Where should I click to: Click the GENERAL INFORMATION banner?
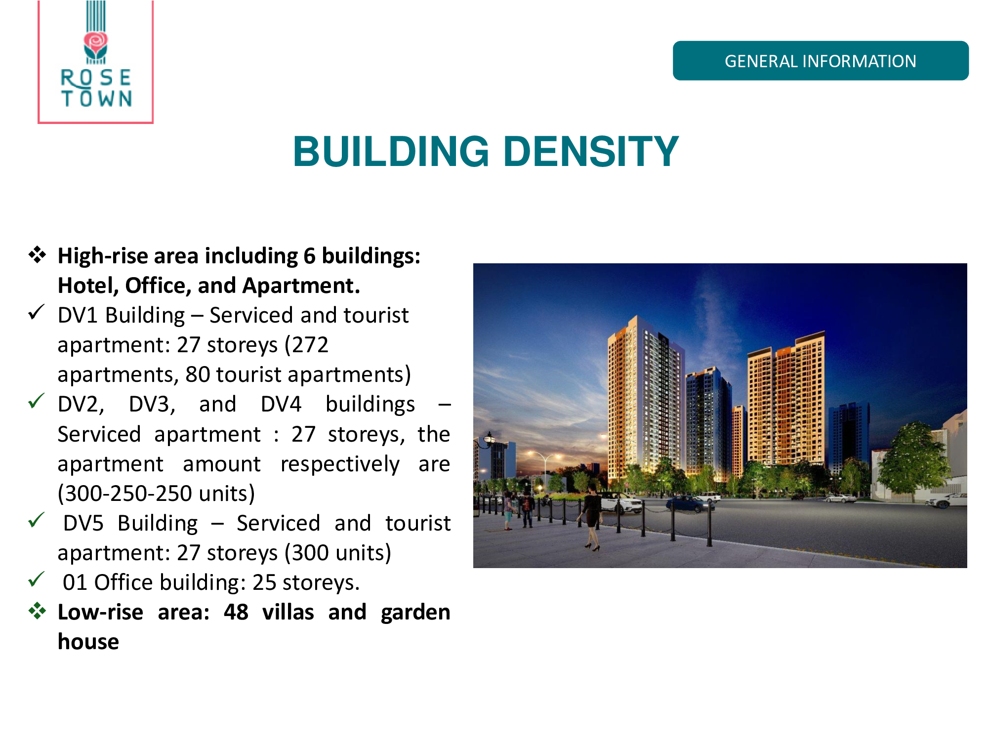pos(821,61)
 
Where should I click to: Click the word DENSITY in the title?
pos(591,151)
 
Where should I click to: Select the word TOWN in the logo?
pos(97,98)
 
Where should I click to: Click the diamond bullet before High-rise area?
pos(37,255)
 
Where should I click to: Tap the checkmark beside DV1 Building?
pos(37,312)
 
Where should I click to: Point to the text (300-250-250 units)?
pos(156,494)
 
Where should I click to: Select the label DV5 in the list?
pos(83,523)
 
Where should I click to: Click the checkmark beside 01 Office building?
pos(37,579)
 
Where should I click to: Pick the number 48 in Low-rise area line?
pos(236,612)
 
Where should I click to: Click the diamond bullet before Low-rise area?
pos(37,611)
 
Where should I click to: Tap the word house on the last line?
pos(88,642)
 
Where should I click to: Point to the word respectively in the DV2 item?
pos(340,464)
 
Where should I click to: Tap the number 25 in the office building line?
pos(264,582)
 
